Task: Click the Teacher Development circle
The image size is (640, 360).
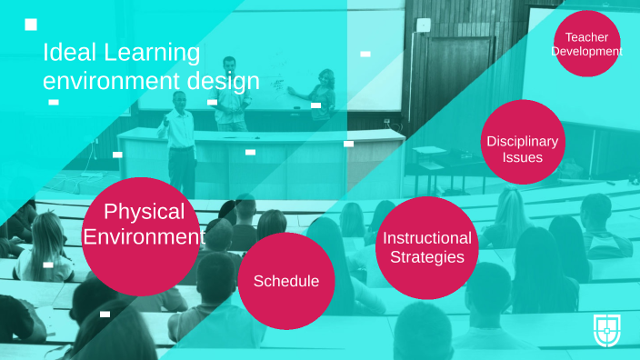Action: [x=586, y=44]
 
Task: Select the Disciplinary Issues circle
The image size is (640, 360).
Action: [x=523, y=142]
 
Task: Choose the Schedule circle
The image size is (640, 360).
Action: [x=286, y=281]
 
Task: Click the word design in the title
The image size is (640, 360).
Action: [x=224, y=81]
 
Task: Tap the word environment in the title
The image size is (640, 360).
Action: [x=109, y=81]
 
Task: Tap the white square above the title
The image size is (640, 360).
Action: [x=31, y=24]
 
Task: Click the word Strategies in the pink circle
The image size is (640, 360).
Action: [x=427, y=257]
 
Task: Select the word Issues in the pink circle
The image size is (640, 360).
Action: [x=523, y=157]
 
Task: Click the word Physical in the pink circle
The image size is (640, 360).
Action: [x=144, y=212]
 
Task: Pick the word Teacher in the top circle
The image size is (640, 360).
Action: [x=586, y=37]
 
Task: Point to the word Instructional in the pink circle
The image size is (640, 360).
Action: [x=427, y=238]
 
